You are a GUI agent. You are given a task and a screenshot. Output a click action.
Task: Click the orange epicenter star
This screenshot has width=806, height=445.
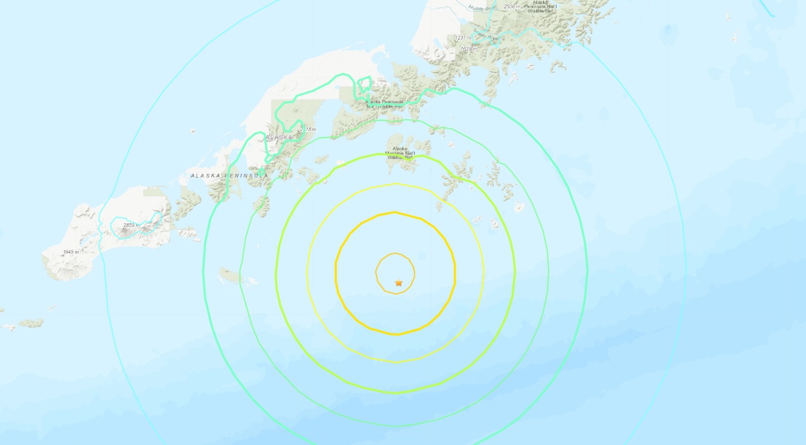coord(398,283)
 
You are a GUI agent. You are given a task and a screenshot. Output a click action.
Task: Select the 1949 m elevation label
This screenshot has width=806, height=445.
coord(71,252)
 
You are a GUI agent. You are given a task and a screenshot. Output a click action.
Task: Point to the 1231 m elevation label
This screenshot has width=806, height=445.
coord(463,38)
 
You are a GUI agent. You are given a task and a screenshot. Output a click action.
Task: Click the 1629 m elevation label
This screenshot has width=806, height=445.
coord(468,49)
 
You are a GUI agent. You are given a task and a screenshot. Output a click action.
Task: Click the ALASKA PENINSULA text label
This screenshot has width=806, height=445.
coord(229,176)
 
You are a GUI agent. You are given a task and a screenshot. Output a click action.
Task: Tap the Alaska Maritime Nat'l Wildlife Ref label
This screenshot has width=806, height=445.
coord(400,152)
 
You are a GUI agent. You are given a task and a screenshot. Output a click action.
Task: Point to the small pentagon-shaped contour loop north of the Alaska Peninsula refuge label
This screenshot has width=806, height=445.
coord(364,84)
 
